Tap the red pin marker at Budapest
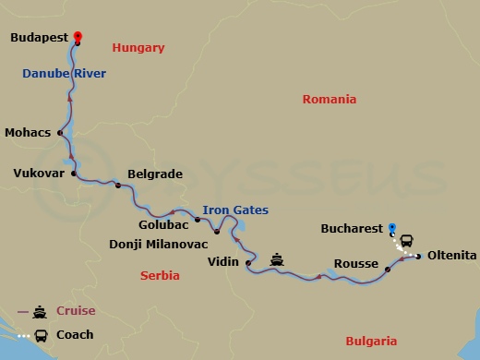(x=78, y=36)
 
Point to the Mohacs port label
(x=29, y=132)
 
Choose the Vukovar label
(x=38, y=172)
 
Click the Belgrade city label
(x=155, y=174)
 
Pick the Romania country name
(x=330, y=100)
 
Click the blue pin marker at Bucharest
(x=392, y=227)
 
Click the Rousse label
(x=356, y=264)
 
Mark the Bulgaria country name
(x=371, y=341)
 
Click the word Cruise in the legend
(x=76, y=311)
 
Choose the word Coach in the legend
(x=74, y=335)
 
